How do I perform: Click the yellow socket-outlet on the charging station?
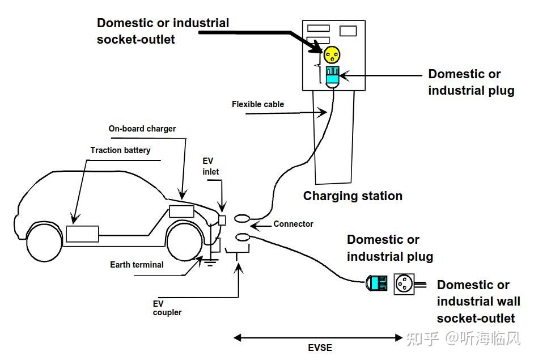point(332,54)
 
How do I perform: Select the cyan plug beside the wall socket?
point(377,283)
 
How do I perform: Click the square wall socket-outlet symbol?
point(404,283)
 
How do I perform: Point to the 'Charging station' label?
point(353,196)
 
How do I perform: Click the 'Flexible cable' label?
point(258,104)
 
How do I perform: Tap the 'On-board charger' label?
point(142,129)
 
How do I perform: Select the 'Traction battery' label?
point(120,150)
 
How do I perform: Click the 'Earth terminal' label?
point(137,265)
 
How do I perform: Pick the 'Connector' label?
point(293,224)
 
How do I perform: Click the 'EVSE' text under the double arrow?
point(320,348)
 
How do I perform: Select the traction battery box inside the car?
point(82,234)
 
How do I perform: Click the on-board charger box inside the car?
point(181,211)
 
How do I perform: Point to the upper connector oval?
point(242,218)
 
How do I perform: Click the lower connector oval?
point(242,238)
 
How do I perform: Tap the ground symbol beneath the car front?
point(210,262)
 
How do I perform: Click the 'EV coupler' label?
point(167,308)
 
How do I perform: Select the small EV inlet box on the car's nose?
point(222,221)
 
